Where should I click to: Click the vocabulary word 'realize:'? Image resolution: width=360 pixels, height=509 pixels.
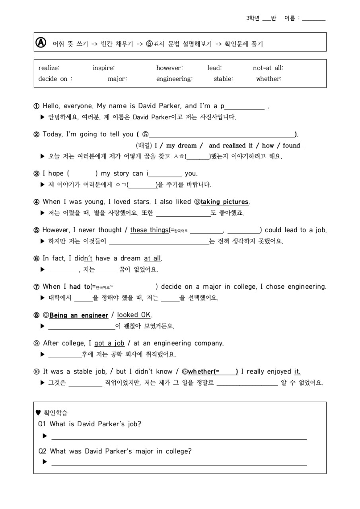[49, 68]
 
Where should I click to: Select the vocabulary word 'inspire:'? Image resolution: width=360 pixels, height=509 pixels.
[104, 68]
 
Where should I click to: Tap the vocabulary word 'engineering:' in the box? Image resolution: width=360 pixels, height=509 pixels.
[174, 79]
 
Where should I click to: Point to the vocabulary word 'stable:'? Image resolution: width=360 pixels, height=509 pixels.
[223, 79]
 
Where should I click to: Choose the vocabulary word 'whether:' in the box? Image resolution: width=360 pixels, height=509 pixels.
[269, 79]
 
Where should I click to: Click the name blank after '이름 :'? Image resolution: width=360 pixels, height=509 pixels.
[314, 19]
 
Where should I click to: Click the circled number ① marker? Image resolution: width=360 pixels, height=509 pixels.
[37, 106]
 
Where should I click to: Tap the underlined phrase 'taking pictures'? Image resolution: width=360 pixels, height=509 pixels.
[224, 202]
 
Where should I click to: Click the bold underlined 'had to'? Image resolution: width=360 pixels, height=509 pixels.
[80, 287]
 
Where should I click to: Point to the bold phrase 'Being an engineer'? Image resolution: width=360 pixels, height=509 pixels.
[79, 315]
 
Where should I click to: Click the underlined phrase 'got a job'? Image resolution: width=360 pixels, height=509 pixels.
[109, 343]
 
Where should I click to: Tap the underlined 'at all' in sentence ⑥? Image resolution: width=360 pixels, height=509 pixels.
[153, 258]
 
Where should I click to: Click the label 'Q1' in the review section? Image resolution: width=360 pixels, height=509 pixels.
[42, 424]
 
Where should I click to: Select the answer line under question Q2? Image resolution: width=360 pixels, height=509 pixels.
[179, 464]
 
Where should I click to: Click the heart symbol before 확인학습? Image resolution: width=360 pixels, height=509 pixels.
[38, 413]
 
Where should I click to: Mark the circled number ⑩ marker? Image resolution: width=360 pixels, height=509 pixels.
[37, 372]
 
